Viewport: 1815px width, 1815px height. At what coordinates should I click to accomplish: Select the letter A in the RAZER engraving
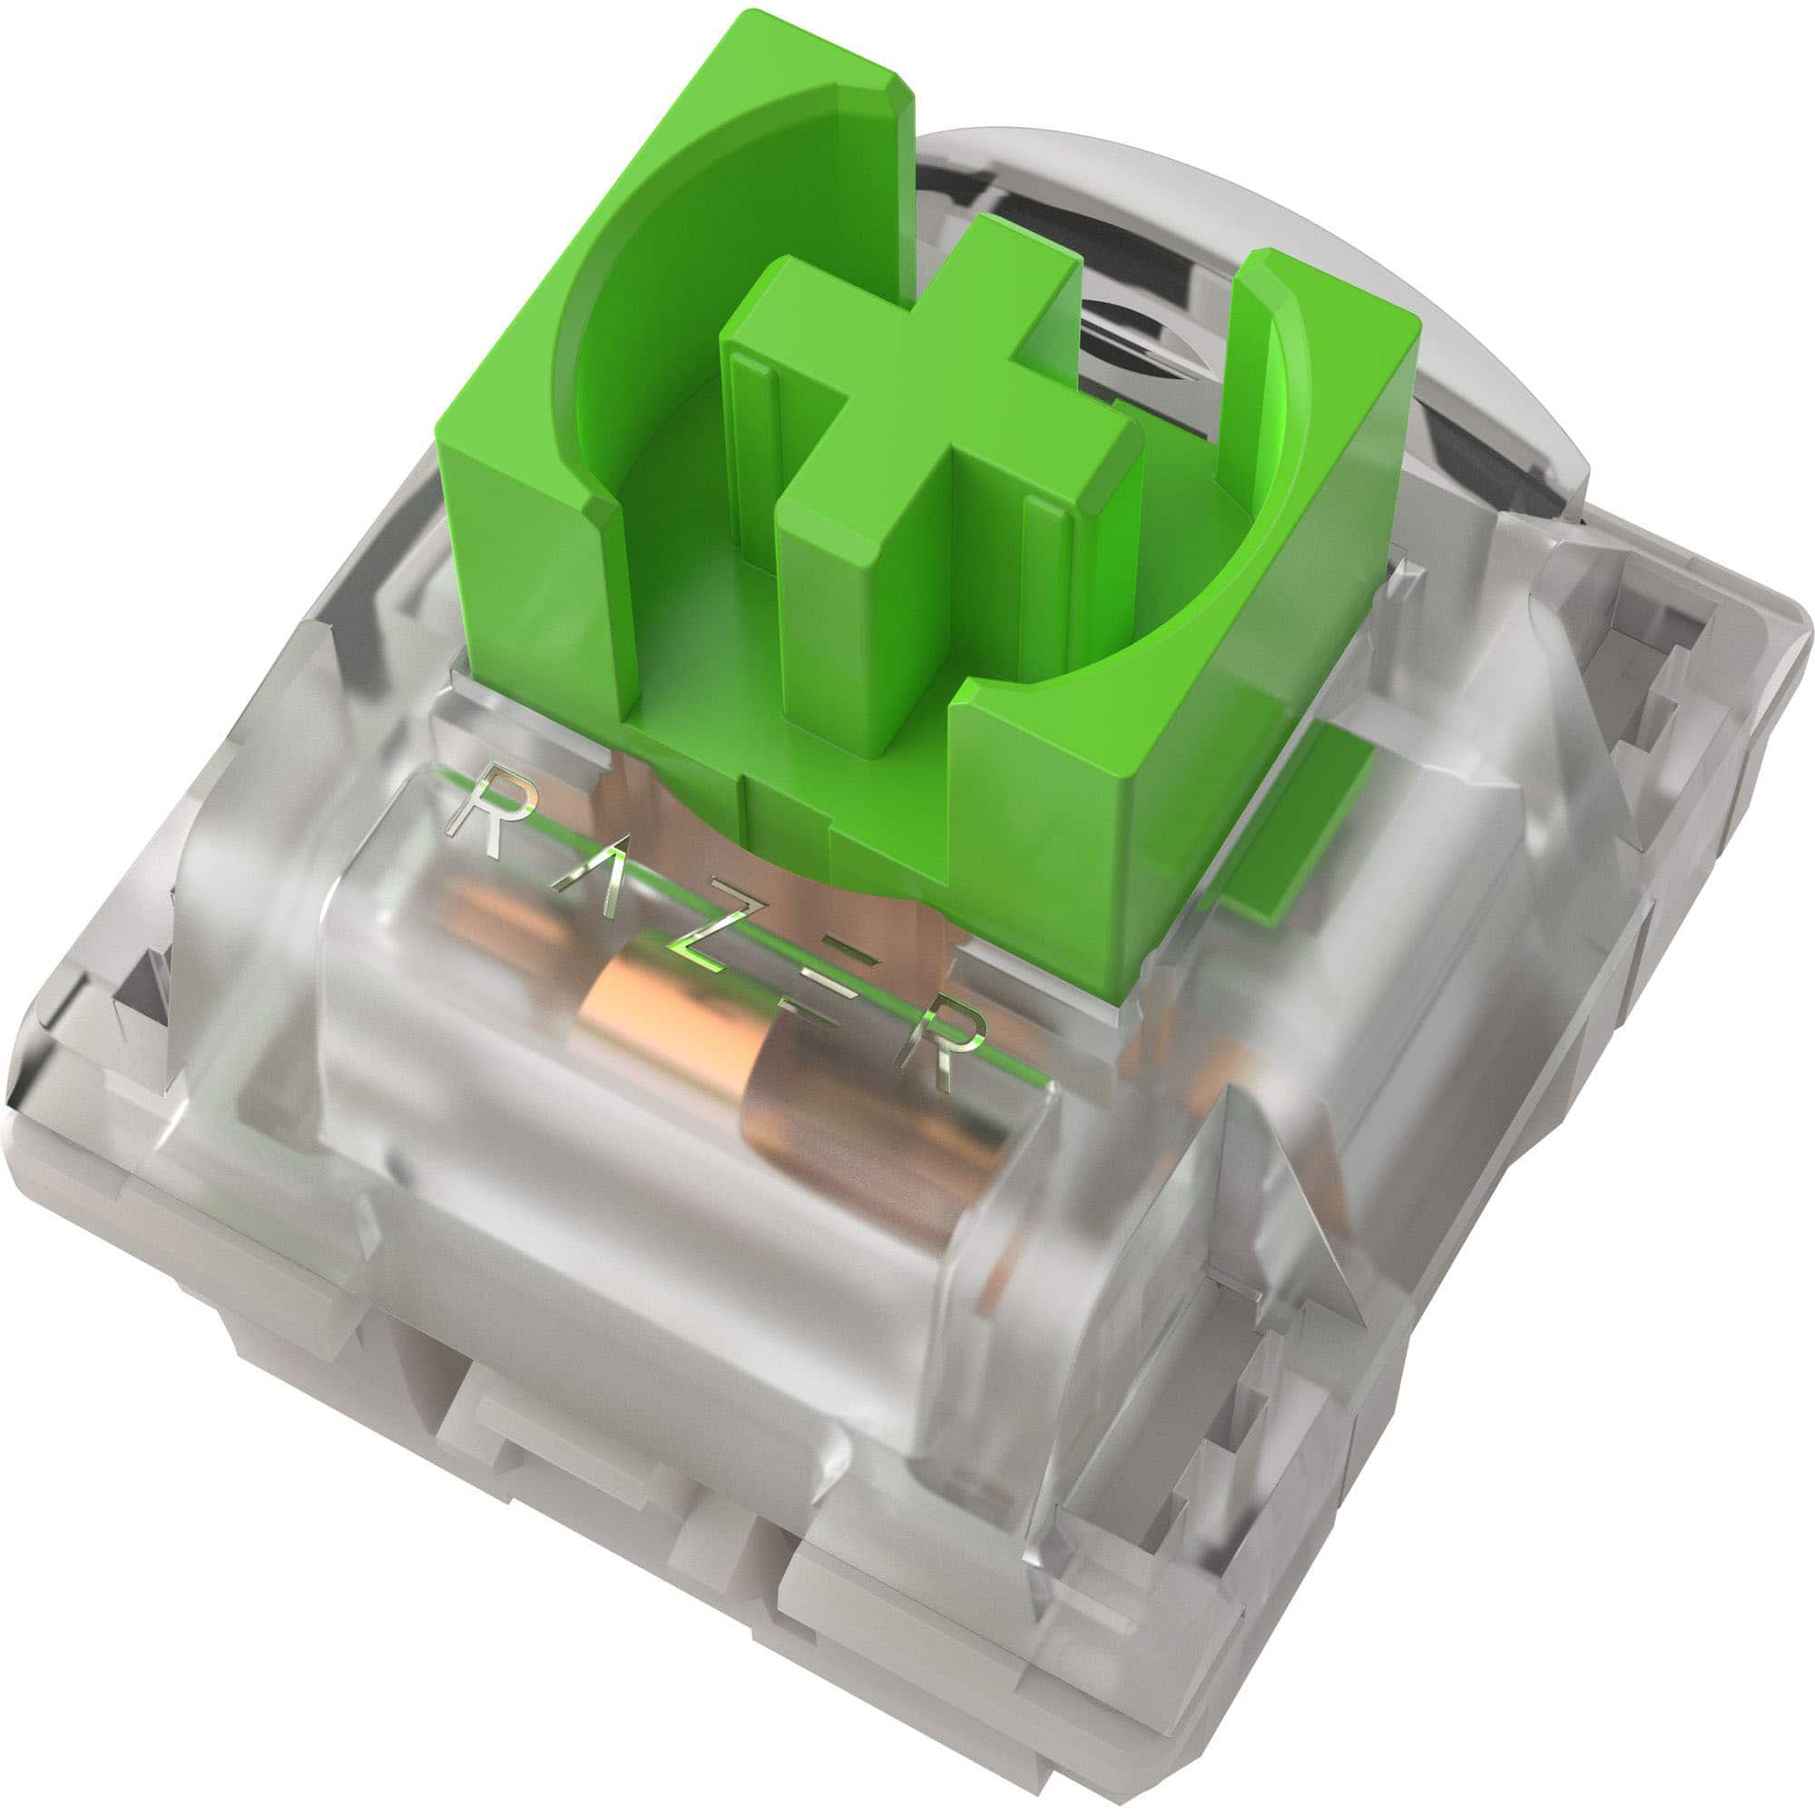click(x=590, y=878)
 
